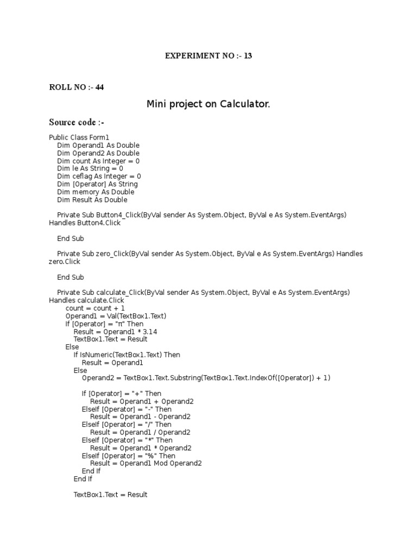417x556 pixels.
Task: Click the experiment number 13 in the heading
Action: click(248, 55)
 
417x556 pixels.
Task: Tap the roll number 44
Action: click(100, 87)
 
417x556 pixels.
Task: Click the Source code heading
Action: click(77, 122)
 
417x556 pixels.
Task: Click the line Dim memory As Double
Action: click(96, 192)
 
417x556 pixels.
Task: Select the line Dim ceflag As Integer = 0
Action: click(99, 176)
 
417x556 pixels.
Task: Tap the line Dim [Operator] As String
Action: click(98, 184)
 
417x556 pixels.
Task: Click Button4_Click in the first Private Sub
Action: click(114, 216)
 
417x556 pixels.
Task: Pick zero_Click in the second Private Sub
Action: click(112, 254)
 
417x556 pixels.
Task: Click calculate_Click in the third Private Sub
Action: click(120, 293)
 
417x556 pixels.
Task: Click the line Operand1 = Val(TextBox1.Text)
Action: click(116, 316)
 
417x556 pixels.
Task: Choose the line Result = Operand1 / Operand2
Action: click(140, 432)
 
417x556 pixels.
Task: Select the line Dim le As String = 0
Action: click(90, 169)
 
